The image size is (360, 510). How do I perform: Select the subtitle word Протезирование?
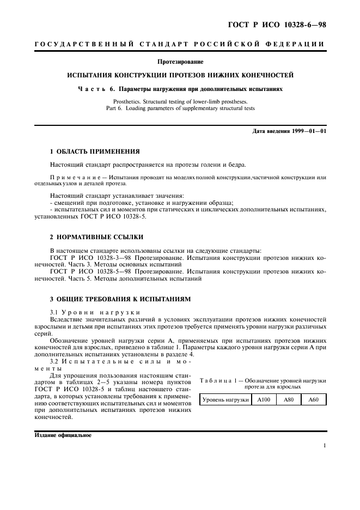(180, 62)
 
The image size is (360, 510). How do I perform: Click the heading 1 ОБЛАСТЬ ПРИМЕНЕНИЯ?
(95, 151)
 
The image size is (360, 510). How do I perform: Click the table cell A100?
(264, 400)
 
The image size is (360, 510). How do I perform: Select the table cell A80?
(289, 400)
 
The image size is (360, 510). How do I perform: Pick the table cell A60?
(314, 400)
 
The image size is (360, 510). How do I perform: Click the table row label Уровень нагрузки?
(225, 400)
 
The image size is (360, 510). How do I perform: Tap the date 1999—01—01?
(308, 131)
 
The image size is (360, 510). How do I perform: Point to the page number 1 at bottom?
(324, 446)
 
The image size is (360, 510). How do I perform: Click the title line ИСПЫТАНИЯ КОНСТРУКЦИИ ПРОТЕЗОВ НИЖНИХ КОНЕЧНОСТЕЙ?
(180, 75)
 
